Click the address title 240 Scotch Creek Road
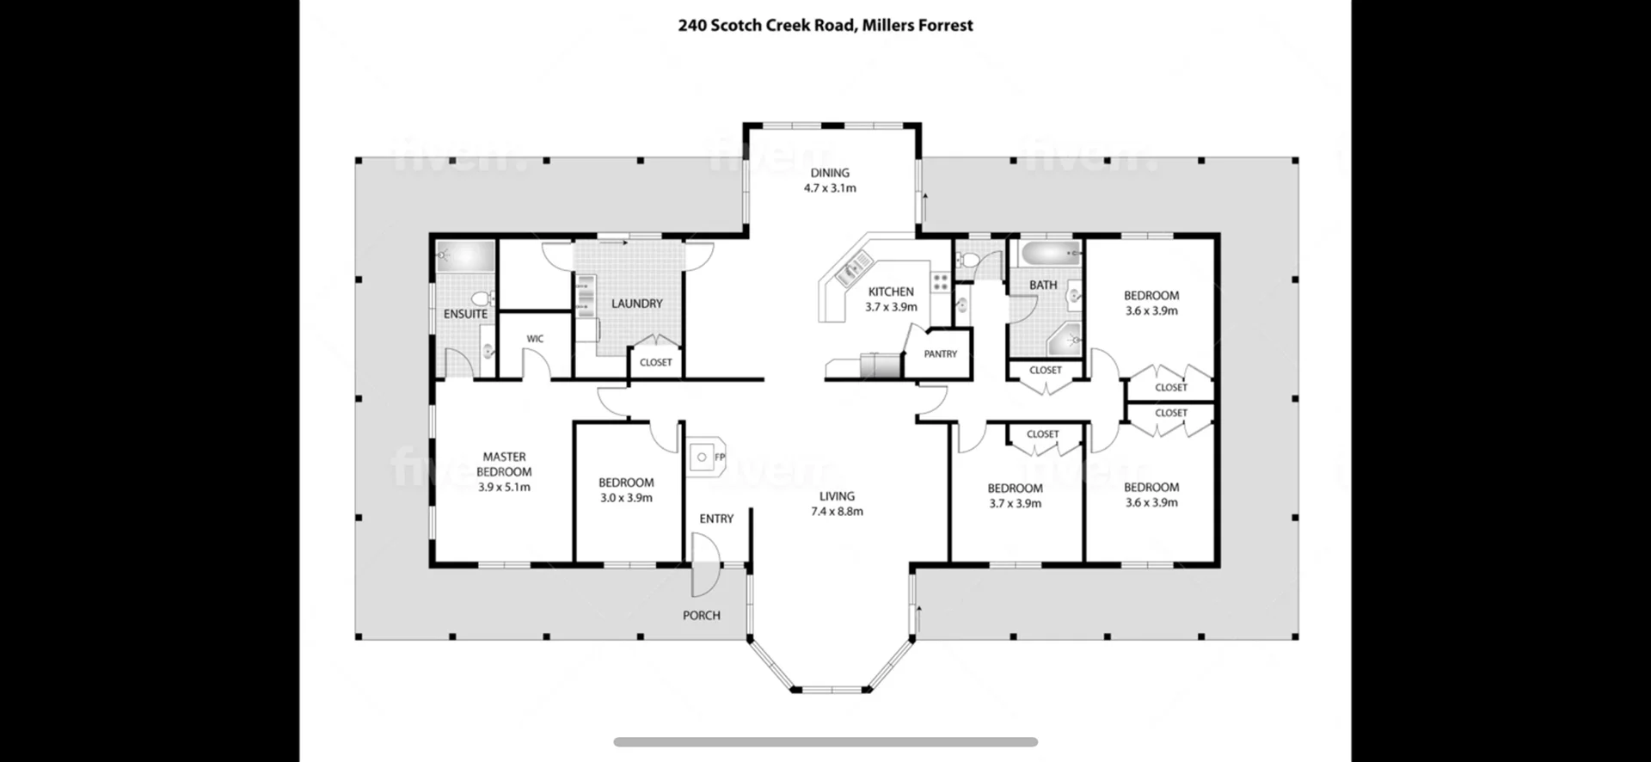pyautogui.click(x=766, y=25)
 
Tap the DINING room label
pyautogui.click(x=830, y=173)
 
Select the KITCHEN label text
pyautogui.click(x=891, y=292)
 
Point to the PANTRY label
pyautogui.click(x=941, y=353)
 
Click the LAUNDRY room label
pyautogui.click(x=637, y=304)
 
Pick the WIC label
pyautogui.click(x=535, y=339)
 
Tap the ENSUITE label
pyautogui.click(x=465, y=314)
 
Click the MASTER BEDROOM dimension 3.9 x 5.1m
pyautogui.click(x=504, y=487)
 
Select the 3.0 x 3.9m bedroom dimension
pyautogui.click(x=626, y=498)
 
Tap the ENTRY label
pyautogui.click(x=716, y=519)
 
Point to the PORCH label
pyautogui.click(x=702, y=615)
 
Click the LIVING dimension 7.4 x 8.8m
pyautogui.click(x=837, y=512)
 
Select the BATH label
pyautogui.click(x=1043, y=285)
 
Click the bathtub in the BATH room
pyautogui.click(x=1050, y=253)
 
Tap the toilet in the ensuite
pyautogui.click(x=482, y=298)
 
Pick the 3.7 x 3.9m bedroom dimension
pyautogui.click(x=1015, y=503)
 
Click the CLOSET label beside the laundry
pyautogui.click(x=656, y=362)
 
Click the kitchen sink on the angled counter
pyautogui.click(x=850, y=271)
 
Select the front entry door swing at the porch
pyautogui.click(x=706, y=565)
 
